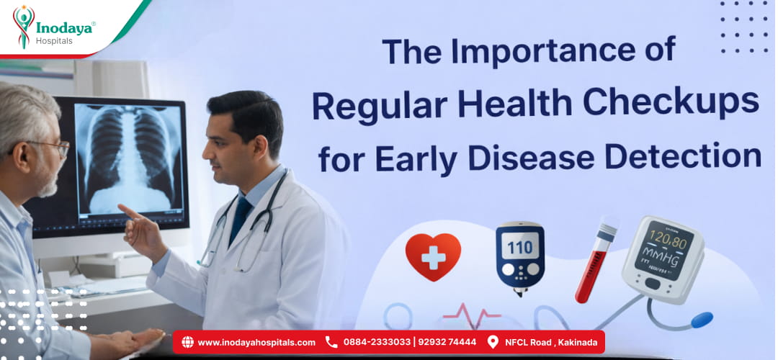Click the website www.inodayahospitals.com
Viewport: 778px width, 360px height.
256,342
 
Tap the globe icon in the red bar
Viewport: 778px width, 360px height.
187,342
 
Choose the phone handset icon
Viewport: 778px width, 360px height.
331,342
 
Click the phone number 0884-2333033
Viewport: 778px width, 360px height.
377,342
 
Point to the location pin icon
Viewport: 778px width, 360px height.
493,342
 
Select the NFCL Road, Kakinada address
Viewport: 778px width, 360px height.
551,342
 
